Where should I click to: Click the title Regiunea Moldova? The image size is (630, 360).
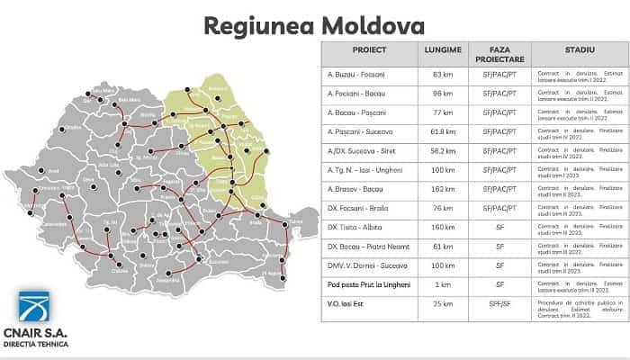314,24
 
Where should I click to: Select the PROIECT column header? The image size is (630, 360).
369,52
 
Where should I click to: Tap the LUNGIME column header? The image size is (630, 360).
445,52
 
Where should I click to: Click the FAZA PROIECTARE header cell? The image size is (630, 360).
500,52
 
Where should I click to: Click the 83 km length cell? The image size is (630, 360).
445,74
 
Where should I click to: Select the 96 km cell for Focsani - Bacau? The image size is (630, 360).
445,93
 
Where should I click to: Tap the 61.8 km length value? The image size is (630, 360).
445,131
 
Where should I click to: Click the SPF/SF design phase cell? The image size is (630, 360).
500,304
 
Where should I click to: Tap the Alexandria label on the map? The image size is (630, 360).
168,279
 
